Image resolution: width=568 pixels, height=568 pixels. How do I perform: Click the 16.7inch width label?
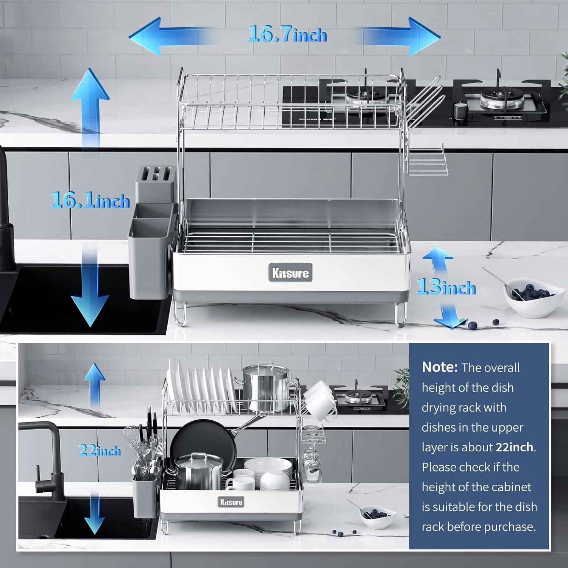pos(287,34)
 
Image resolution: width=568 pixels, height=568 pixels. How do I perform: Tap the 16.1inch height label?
pos(91,200)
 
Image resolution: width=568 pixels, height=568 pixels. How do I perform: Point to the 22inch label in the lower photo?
pos(99,451)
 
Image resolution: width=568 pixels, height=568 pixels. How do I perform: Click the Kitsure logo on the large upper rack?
pos(290,273)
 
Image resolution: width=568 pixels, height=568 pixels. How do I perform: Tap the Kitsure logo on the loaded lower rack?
pos(231,502)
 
